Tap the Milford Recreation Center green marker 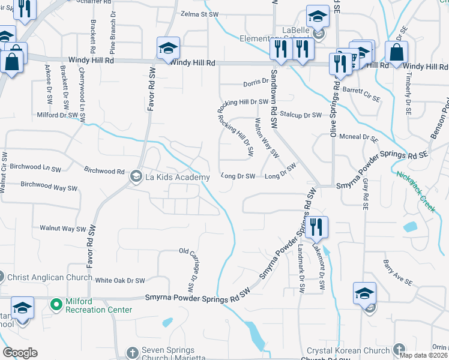[x=56, y=305]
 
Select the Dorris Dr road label [x=255, y=83]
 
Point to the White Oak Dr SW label [x=120, y=280]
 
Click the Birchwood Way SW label [x=49, y=187]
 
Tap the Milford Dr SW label [x=58, y=115]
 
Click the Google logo [x=20, y=353]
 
